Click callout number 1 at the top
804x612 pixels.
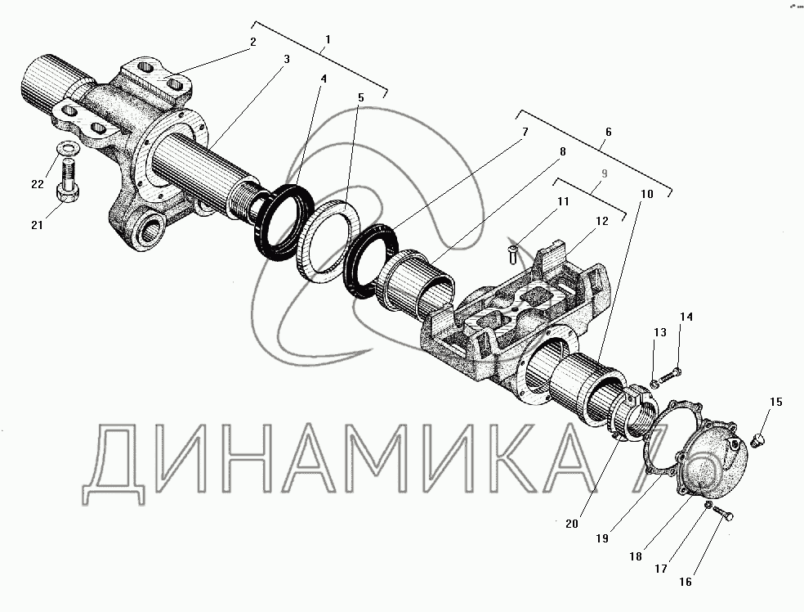[328, 39]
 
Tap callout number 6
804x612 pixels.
[608, 132]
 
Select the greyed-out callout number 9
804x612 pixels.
[605, 173]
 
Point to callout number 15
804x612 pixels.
[776, 402]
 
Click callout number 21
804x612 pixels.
[37, 224]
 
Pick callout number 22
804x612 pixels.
[38, 184]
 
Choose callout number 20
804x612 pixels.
[572, 524]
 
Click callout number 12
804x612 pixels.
[602, 221]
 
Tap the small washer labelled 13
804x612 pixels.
[654, 384]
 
